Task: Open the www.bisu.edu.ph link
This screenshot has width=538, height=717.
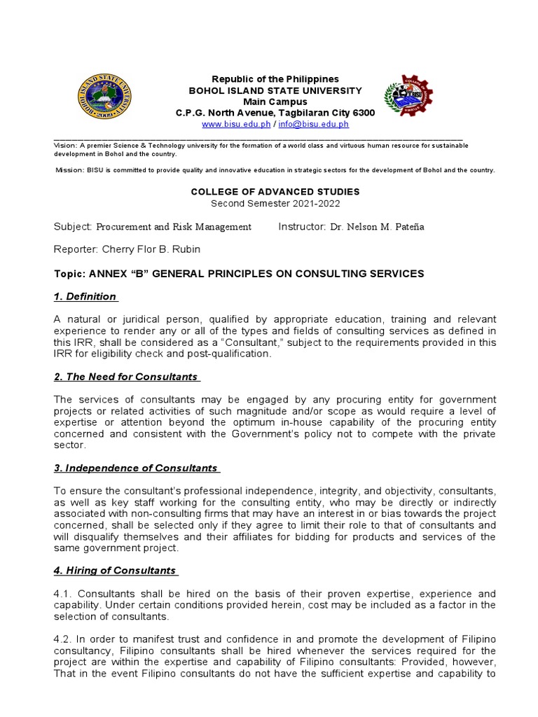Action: pyautogui.click(x=226, y=124)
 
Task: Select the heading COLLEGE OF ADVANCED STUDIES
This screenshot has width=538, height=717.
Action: pyautogui.click(x=275, y=191)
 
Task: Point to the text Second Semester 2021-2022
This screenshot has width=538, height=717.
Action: pyautogui.click(x=275, y=203)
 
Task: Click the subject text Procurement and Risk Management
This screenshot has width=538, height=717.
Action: pyautogui.click(x=173, y=227)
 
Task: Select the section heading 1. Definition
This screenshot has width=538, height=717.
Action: pyautogui.click(x=85, y=297)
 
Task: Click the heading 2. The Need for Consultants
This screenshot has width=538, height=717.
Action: pyautogui.click(x=126, y=377)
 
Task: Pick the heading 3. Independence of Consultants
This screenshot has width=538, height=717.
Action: pyautogui.click(x=136, y=468)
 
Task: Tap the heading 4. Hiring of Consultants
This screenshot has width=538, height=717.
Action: pyautogui.click(x=115, y=570)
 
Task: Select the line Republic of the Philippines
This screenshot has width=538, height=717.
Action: pyautogui.click(x=275, y=79)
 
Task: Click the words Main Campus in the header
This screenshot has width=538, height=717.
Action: pyautogui.click(x=275, y=102)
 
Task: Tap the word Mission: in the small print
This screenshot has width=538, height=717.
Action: pyautogui.click(x=69, y=170)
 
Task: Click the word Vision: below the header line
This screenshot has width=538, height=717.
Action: pyautogui.click(x=67, y=146)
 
